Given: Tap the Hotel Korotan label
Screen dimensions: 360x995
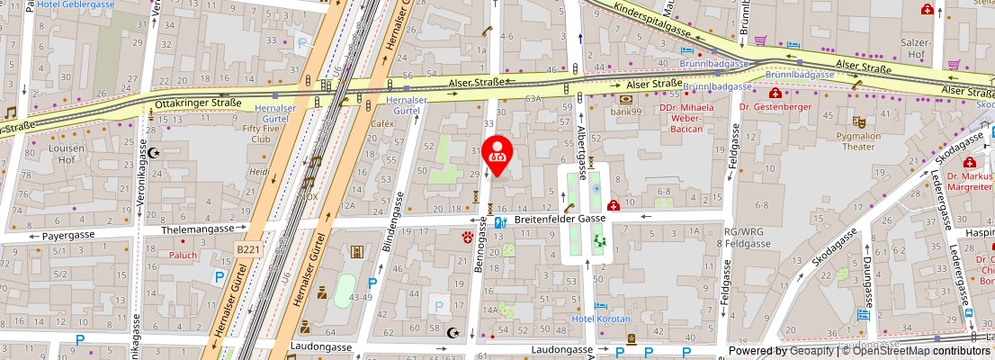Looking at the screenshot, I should (602, 319).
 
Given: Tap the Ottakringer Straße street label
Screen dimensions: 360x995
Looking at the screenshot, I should (198, 103).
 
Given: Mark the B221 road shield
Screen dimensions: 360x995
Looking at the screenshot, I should (247, 249).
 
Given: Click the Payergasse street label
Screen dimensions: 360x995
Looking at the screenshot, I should (68, 236).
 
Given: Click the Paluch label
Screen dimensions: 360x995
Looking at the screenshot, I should (183, 255).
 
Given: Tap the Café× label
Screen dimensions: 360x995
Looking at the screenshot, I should (383, 123).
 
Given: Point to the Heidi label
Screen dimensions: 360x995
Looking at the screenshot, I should (259, 171).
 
